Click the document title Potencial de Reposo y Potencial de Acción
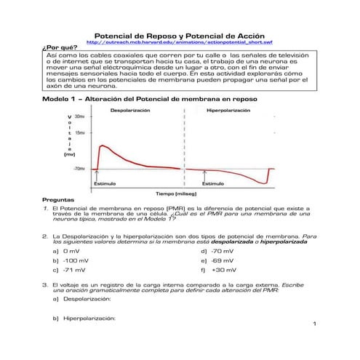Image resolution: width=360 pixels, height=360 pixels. [180, 35]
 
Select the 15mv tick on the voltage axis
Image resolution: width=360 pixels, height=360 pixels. [79, 133]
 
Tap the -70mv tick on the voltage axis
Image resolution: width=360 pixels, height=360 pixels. [78, 169]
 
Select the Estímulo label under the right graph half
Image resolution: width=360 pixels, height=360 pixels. [212, 184]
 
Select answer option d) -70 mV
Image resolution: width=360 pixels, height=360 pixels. [216, 250]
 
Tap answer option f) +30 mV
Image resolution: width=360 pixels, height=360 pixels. [216, 269]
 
